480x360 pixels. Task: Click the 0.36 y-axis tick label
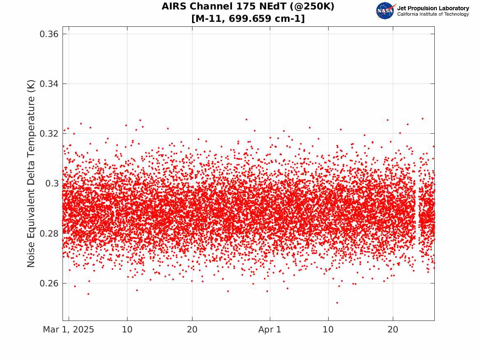click(49, 34)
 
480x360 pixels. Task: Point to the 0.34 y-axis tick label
click(49, 84)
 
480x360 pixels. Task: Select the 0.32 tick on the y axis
click(49, 134)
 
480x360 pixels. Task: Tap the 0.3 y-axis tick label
click(52, 183)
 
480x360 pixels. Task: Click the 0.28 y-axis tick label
click(49, 234)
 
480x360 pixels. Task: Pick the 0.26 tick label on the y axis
click(49, 283)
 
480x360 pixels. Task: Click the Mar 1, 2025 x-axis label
click(69, 330)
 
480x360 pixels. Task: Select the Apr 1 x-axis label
click(270, 330)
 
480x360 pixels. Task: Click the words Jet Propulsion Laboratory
click(433, 8)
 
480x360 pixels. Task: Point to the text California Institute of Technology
click(433, 14)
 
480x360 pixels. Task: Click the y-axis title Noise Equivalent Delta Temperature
click(31, 174)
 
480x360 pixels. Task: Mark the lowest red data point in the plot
click(337, 303)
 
